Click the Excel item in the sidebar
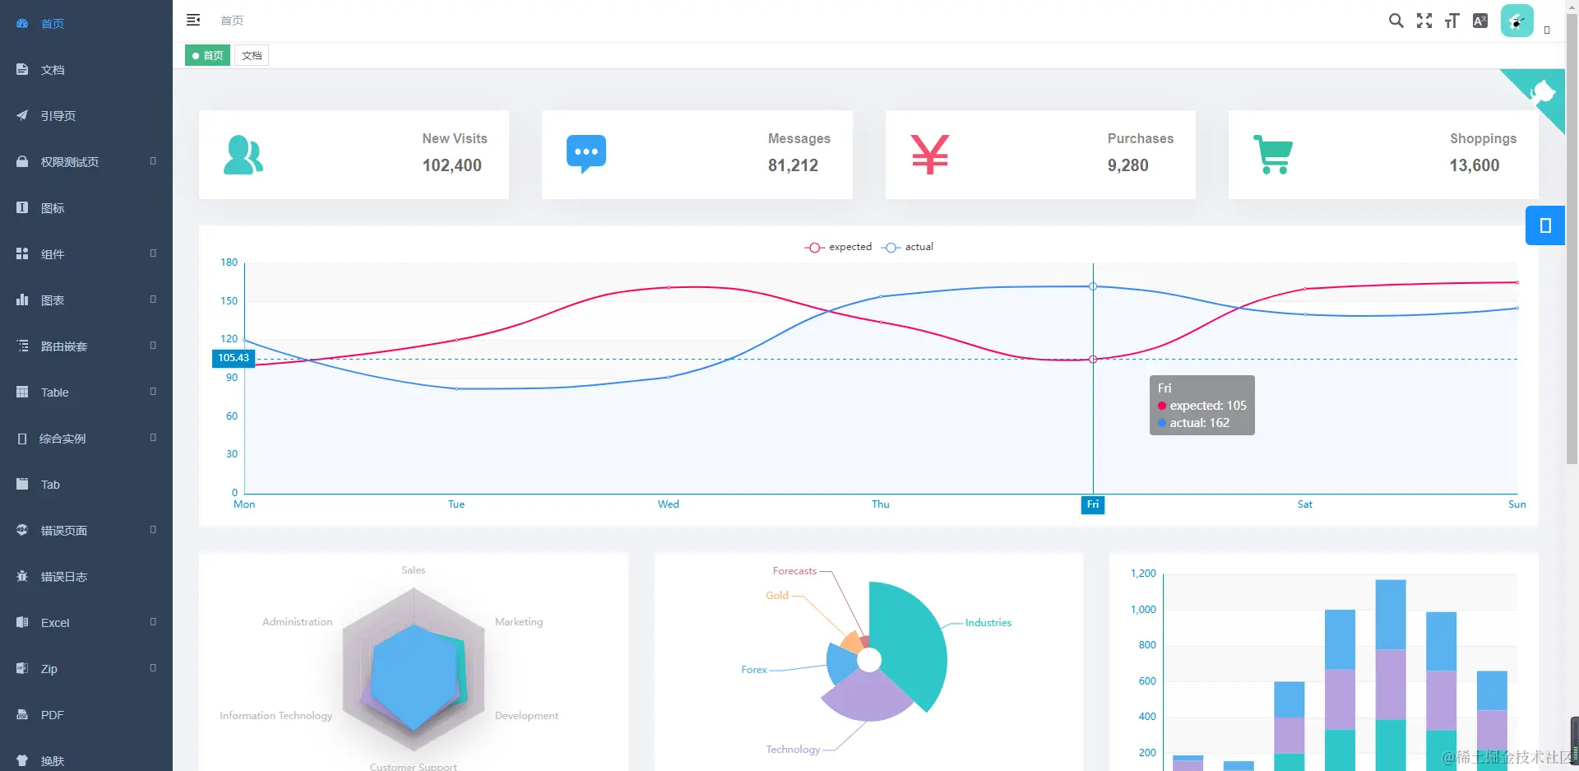click(55, 623)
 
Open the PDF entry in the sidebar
click(52, 715)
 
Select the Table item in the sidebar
click(54, 392)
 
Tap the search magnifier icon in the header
click(1396, 21)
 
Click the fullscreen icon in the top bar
click(1424, 21)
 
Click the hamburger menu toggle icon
click(193, 21)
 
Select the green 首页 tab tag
click(207, 56)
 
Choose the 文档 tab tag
click(252, 56)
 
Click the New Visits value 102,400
click(451, 165)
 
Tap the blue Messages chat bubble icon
click(586, 153)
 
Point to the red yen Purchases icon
click(929, 154)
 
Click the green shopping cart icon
click(1273, 154)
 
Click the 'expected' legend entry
click(839, 247)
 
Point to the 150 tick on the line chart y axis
click(229, 301)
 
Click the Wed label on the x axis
click(668, 504)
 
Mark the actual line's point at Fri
click(1093, 286)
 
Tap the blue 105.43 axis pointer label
click(234, 358)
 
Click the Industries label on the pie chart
click(988, 623)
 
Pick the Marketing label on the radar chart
click(518, 622)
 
